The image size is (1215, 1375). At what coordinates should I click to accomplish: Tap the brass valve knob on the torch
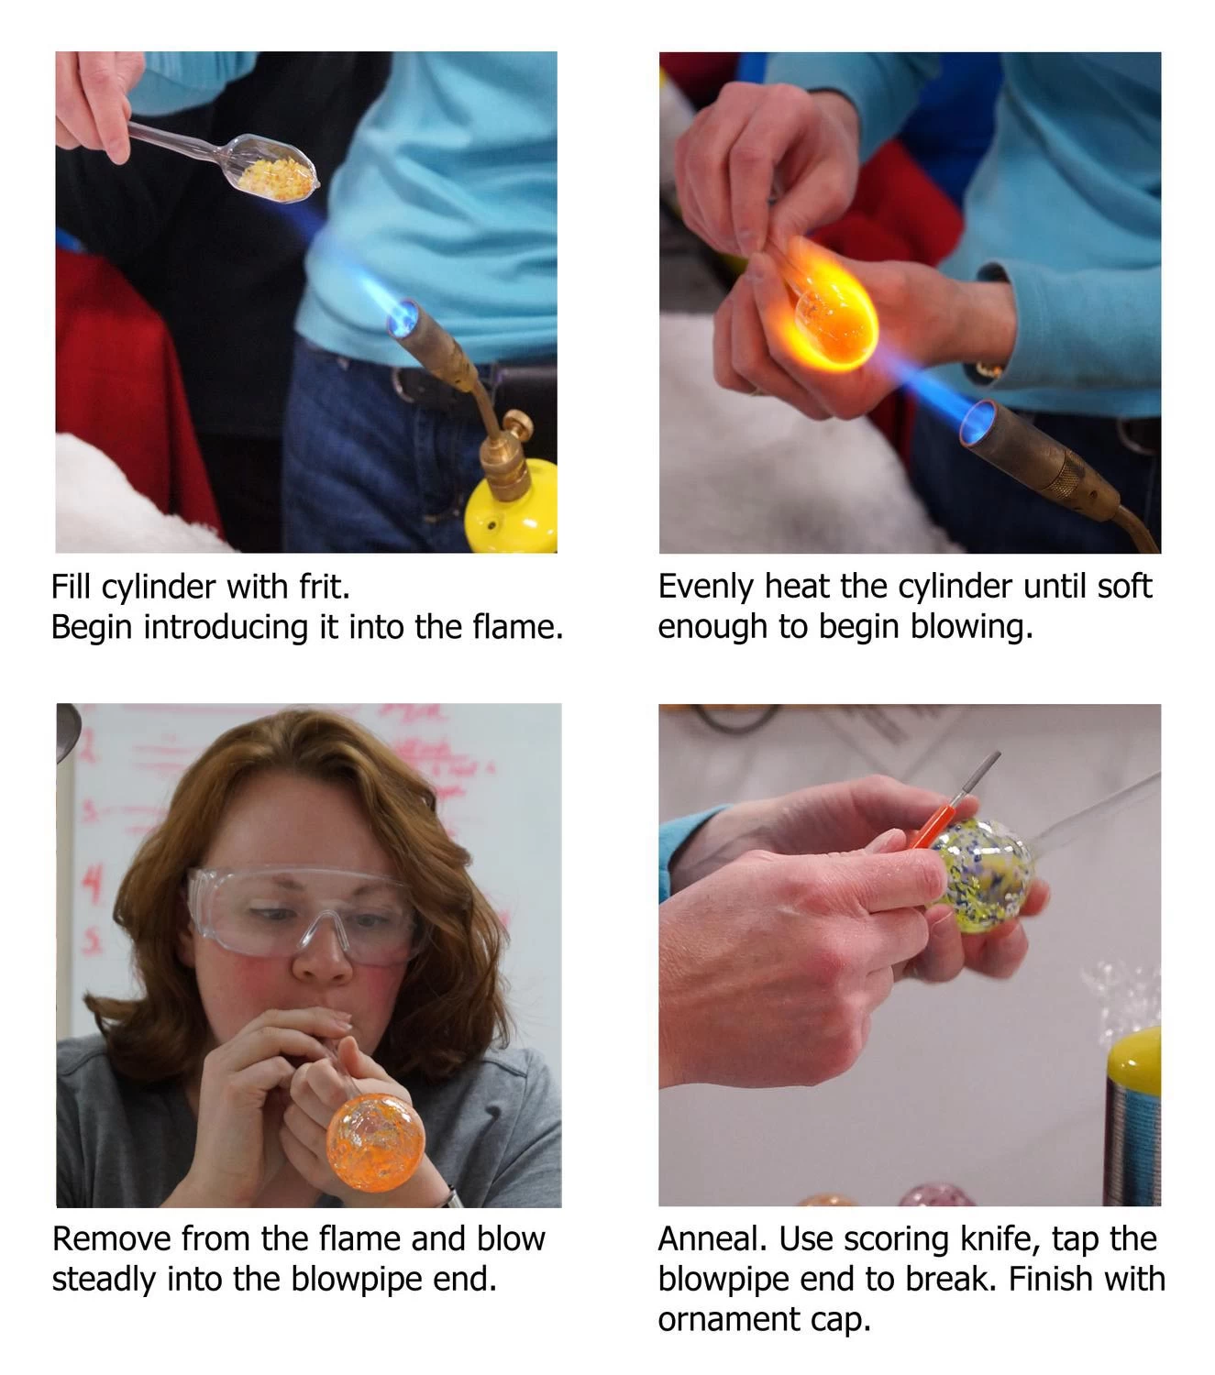518,425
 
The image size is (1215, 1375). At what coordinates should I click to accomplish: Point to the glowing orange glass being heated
830,307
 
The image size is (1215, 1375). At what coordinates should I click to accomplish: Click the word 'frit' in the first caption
324,587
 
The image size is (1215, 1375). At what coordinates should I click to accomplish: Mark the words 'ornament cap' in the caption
763,1319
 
